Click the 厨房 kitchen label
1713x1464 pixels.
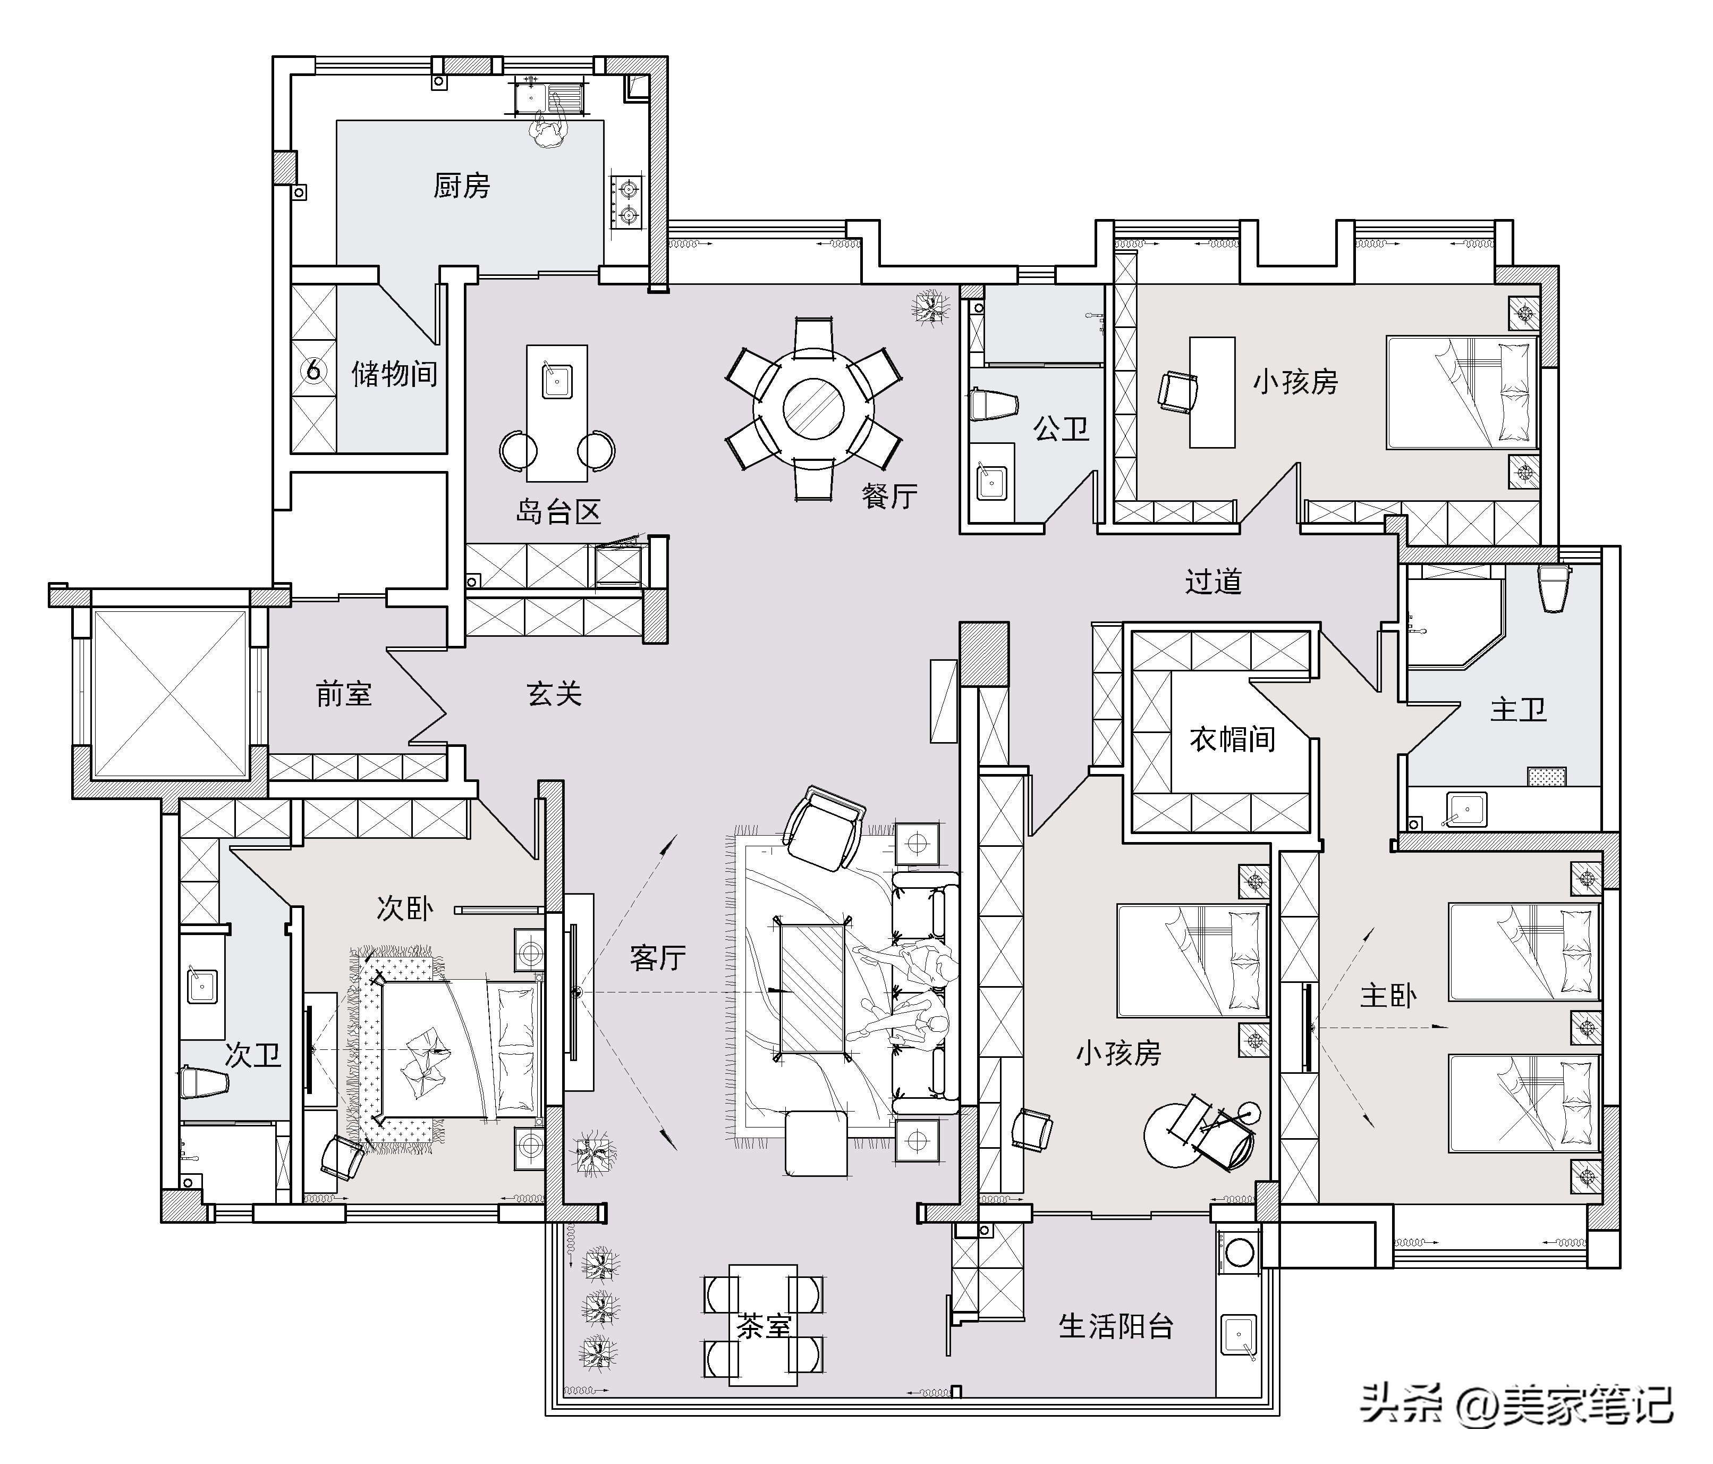tap(461, 186)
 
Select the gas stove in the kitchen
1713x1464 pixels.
tap(626, 203)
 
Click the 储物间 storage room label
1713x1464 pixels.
tap(394, 374)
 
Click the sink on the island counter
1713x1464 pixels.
tap(556, 381)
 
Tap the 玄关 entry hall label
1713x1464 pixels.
tap(554, 693)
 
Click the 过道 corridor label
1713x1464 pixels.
tap(1213, 582)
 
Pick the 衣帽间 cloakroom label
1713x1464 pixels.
tap(1232, 738)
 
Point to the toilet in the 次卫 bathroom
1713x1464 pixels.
tap(202, 1082)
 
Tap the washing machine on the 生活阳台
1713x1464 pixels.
tap(1239, 1251)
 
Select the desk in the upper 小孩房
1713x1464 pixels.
tap(1212, 392)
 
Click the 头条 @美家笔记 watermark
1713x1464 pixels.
tap(1517, 1404)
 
